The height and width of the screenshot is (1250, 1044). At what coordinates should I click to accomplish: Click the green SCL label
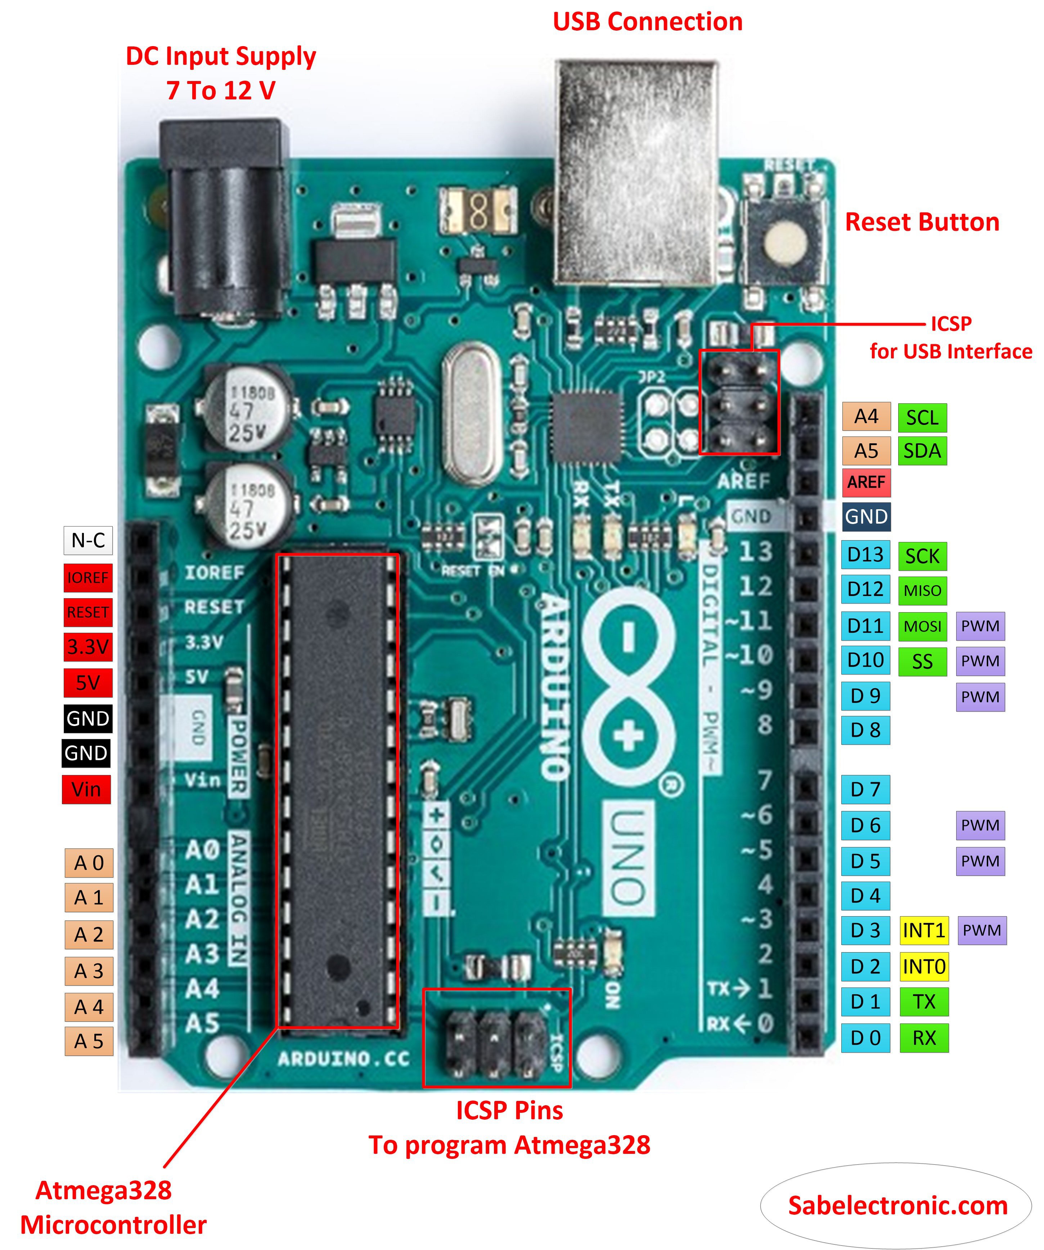(922, 417)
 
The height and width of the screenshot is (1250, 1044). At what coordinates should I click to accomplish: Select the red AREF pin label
(866, 482)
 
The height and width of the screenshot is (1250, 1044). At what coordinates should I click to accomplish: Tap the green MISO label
(922, 591)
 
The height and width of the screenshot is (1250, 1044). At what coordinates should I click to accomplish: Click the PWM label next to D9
(980, 696)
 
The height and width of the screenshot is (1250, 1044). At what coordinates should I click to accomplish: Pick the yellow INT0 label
(923, 967)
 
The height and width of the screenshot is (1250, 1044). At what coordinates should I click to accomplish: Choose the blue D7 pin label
(865, 789)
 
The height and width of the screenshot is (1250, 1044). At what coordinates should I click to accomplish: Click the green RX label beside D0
(923, 1038)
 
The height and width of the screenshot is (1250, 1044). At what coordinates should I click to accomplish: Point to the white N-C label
(88, 541)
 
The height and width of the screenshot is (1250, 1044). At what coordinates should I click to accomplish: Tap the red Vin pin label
(86, 789)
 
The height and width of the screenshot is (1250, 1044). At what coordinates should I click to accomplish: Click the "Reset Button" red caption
(922, 222)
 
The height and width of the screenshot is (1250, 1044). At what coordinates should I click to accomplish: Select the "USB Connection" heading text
(647, 22)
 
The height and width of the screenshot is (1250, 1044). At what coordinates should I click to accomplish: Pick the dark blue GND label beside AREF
(866, 516)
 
